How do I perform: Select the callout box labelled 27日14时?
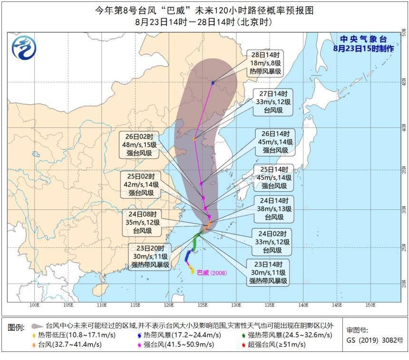tap(273, 101)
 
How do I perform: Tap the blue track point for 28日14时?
tap(213, 83)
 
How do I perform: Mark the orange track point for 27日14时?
tap(195, 139)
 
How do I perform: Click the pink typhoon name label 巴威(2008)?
tap(212, 273)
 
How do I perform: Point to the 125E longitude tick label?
tap(203, 304)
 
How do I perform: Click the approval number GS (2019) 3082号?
tap(375, 341)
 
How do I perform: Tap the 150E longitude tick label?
tap(371, 304)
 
